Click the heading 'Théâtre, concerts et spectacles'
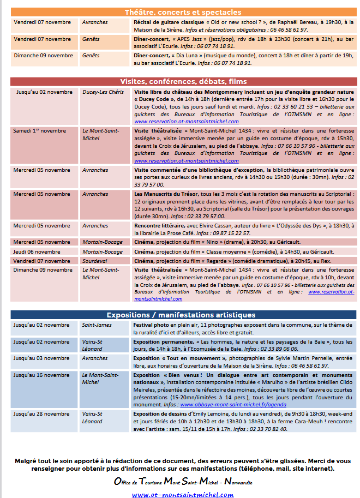coord(183,13)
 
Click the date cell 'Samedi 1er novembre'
coord(40,131)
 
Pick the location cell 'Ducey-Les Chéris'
coord(103,92)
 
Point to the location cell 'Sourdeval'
coord(95,261)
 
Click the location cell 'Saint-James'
coord(97,325)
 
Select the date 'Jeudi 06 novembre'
coord(37,252)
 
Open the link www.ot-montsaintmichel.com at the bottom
coord(183,495)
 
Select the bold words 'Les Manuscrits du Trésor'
coord(166,194)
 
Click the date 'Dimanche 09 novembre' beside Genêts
coord(43,56)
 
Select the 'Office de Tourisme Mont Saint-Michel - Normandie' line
coord(183,482)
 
